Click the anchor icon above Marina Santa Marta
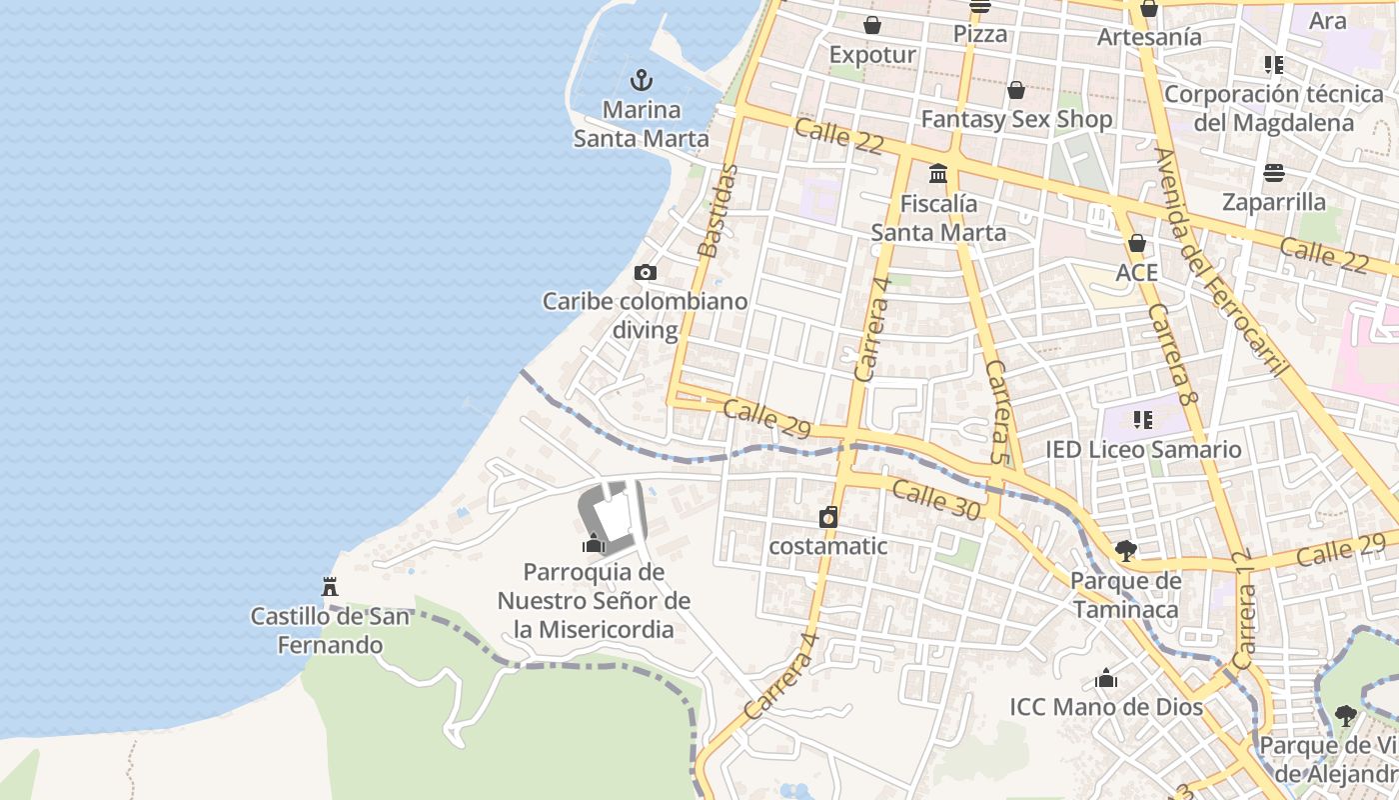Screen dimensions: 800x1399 click(x=642, y=80)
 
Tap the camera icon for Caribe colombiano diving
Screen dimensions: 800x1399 click(x=646, y=272)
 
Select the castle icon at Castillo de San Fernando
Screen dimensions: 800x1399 click(x=330, y=586)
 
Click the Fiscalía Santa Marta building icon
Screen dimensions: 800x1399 click(x=938, y=174)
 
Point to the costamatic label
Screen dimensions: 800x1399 click(x=827, y=546)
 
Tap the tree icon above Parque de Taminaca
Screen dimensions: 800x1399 click(x=1125, y=550)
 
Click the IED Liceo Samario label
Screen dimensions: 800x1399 click(x=1143, y=449)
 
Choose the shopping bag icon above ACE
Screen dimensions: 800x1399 click(x=1136, y=243)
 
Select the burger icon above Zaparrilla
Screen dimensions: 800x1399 click(x=1273, y=173)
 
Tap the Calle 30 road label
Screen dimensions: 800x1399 click(x=936, y=499)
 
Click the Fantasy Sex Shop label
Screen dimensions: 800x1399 click(x=1016, y=119)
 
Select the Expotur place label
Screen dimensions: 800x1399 click(x=872, y=54)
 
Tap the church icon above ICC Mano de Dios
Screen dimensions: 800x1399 click(x=1105, y=678)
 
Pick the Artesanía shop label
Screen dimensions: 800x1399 click(x=1149, y=37)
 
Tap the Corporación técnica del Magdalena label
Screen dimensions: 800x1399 click(x=1274, y=108)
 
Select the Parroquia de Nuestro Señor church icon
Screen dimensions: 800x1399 click(x=595, y=543)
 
